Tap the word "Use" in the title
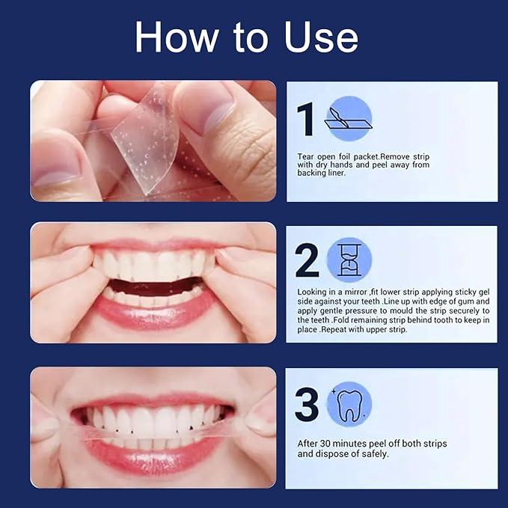pyautogui.click(x=319, y=37)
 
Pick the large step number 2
pyautogui.click(x=307, y=260)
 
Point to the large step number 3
pyautogui.click(x=307, y=405)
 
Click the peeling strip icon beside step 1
pyautogui.click(x=348, y=119)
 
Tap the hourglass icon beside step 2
pyautogui.click(x=349, y=260)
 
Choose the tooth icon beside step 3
pyautogui.click(x=349, y=405)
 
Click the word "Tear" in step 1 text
pyautogui.click(x=306, y=156)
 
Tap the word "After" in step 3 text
pyautogui.click(x=309, y=444)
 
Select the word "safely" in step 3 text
pyautogui.click(x=372, y=453)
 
